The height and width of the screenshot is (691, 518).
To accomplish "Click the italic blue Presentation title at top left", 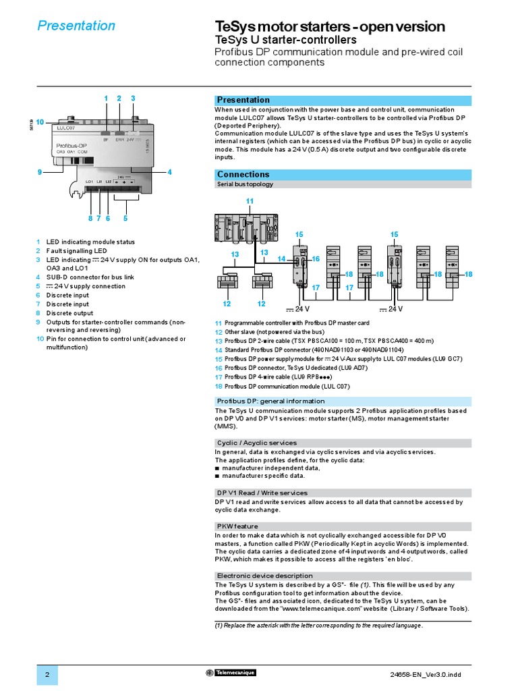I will coord(76,26).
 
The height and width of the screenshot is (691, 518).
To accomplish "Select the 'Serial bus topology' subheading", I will coord(245,184).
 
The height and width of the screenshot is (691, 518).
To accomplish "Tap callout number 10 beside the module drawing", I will coord(40,122).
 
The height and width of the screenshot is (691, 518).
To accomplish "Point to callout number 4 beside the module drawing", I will coord(169,172).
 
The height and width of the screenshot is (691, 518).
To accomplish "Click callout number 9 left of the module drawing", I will coord(40,172).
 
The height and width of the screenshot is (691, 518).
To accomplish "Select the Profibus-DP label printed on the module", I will coord(71,145).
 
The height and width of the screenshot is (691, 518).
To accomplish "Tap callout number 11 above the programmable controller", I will coord(249,202).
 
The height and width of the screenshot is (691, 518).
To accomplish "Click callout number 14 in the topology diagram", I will coord(282,259).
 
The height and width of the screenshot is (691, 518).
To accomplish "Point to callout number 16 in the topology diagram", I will coord(315,259).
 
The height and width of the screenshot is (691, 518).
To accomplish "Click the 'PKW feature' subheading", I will coord(237,526).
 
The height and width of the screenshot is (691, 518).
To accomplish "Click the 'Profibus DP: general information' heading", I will coord(270,401).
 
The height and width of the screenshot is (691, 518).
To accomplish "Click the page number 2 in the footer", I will coord(47,675).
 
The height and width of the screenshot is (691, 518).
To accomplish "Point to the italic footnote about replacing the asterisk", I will coord(319,626).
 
